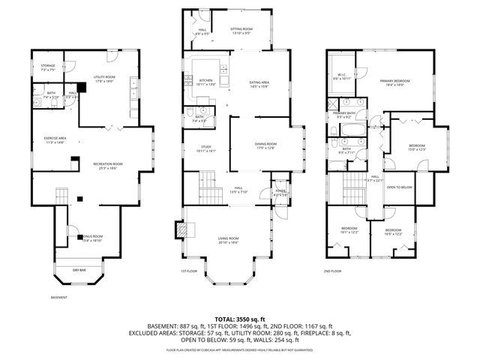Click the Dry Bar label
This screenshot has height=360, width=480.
[x=78, y=269]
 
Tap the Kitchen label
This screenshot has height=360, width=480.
[x=205, y=82]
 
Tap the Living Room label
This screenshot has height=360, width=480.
[x=229, y=241]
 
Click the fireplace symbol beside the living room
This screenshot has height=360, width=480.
[x=180, y=229]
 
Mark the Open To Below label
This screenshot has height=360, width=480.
[x=399, y=187]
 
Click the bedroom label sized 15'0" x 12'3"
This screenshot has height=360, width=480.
[x=417, y=147]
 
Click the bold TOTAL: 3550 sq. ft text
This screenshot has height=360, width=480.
[x=240, y=319]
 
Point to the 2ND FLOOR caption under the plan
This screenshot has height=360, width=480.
[x=332, y=271]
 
